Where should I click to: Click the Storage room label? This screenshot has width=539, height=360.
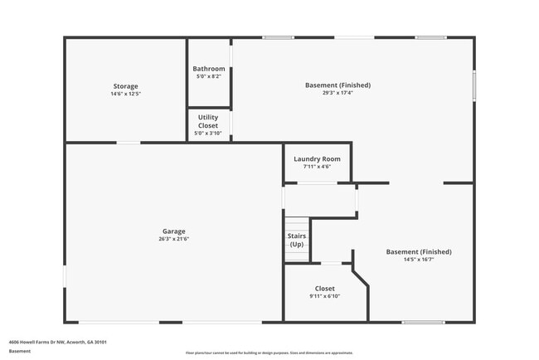click(126, 86)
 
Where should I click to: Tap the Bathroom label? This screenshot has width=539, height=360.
click(209, 69)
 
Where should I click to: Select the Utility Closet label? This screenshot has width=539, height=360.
click(209, 121)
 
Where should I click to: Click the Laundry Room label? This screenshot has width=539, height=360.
click(318, 158)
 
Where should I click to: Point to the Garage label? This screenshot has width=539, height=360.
click(174, 231)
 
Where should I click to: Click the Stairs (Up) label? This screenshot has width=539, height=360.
click(297, 241)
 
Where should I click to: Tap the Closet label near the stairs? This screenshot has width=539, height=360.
click(325, 289)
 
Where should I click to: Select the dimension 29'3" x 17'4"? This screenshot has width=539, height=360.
click(337, 93)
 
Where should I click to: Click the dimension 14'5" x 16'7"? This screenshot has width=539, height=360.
click(419, 260)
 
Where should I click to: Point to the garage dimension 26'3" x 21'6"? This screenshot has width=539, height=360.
click(174, 239)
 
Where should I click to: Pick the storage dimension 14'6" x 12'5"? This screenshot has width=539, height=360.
click(126, 94)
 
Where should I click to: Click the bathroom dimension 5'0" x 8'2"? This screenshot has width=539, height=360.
click(209, 76)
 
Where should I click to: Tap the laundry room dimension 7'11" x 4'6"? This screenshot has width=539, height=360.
click(318, 167)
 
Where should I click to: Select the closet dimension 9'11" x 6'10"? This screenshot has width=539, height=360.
click(325, 296)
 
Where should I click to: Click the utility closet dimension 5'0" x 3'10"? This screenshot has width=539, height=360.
click(209, 134)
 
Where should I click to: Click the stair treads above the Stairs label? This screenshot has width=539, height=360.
click(297, 224)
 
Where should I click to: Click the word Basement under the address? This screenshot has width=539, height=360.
click(20, 351)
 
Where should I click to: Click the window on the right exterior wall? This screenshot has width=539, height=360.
click(474, 85)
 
